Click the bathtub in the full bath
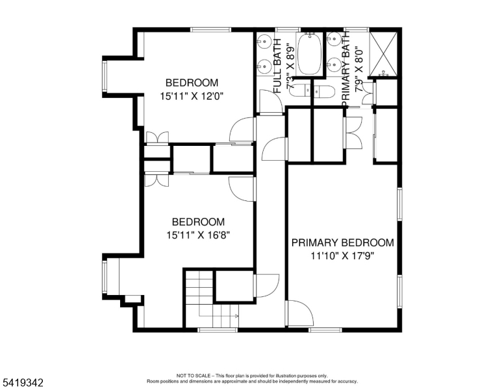pos(309,54)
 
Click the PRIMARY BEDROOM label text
pos(342,242)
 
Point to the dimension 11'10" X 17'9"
pos(342,255)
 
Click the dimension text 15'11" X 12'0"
pos(192,96)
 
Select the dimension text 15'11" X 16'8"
pos(198,235)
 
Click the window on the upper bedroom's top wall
pos(211,29)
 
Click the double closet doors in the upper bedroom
pos(157,138)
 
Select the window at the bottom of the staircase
pos(217,330)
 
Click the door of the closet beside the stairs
pos(265,285)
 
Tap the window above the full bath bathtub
pos(288,29)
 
